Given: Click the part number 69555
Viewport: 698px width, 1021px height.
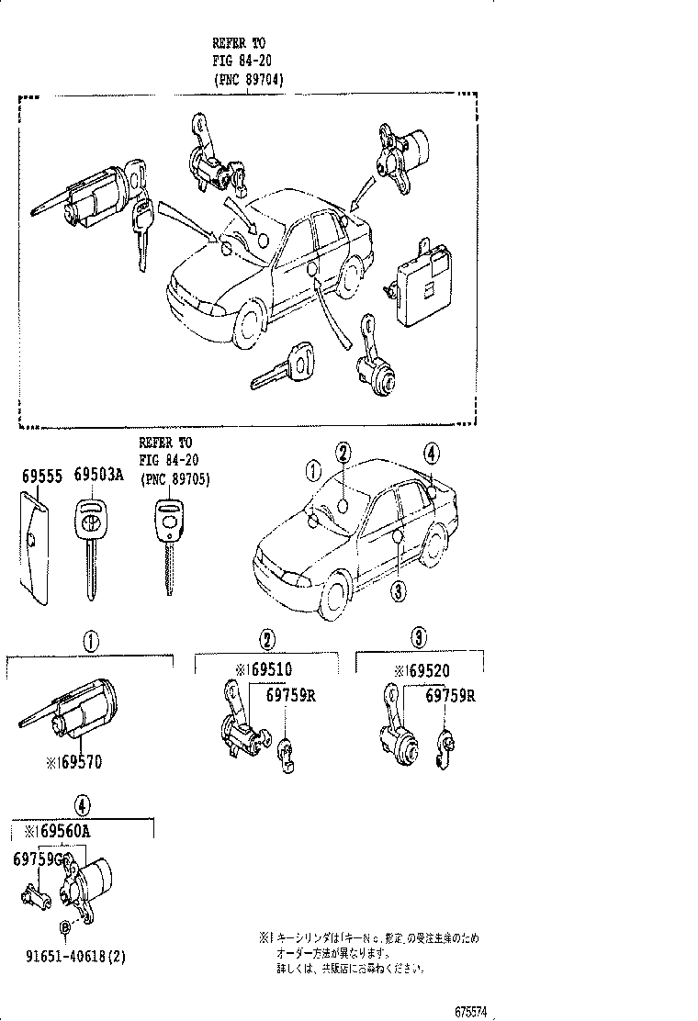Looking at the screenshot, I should pyautogui.click(x=41, y=475).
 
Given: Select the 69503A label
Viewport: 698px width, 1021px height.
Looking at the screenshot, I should pyautogui.click(x=97, y=475).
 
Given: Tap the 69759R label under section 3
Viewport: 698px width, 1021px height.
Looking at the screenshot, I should pyautogui.click(x=449, y=695).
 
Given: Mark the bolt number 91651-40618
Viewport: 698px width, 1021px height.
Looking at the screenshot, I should pyautogui.click(x=70, y=957).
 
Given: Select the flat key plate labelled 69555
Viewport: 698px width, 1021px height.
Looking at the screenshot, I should pyautogui.click(x=34, y=546).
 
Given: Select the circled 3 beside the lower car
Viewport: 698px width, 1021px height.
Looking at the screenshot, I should pyautogui.click(x=398, y=591).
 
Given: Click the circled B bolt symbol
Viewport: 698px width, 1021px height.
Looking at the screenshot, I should pyautogui.click(x=65, y=927).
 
